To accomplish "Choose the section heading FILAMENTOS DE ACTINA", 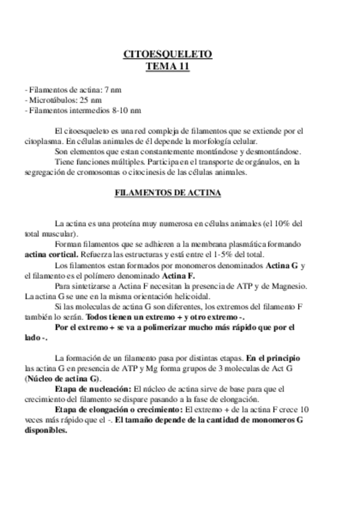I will [x=168, y=194].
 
